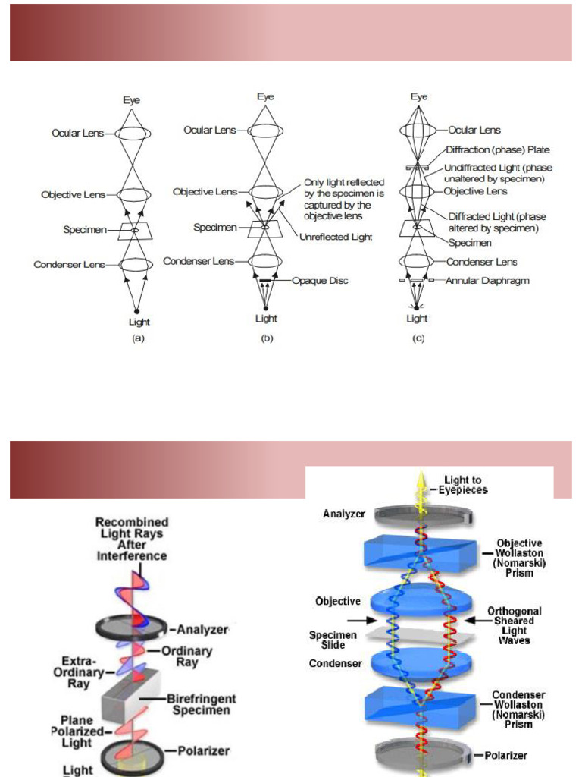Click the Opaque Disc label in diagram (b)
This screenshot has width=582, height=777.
[x=323, y=282]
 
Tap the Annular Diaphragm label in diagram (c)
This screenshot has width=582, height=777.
[x=487, y=281]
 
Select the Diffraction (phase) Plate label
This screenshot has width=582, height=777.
[x=497, y=150]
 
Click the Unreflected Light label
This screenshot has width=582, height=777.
[x=336, y=238]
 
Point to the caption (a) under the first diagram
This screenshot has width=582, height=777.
[x=137, y=339]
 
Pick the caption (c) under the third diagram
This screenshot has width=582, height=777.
[x=418, y=339]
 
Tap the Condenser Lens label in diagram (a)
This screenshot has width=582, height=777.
[x=69, y=265]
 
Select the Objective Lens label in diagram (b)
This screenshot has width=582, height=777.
[x=205, y=192]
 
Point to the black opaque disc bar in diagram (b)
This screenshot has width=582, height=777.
[x=265, y=282]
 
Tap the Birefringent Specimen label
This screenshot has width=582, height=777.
[x=202, y=704]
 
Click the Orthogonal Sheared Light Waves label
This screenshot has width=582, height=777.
[x=508, y=625]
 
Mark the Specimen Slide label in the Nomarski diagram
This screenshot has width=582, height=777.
[x=328, y=640]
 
